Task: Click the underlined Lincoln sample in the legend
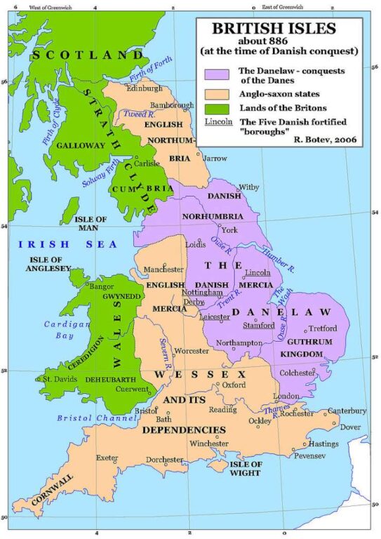[218, 121]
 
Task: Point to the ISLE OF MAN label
[91, 225]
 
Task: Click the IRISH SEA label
[51, 244]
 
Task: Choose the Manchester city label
[163, 269]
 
